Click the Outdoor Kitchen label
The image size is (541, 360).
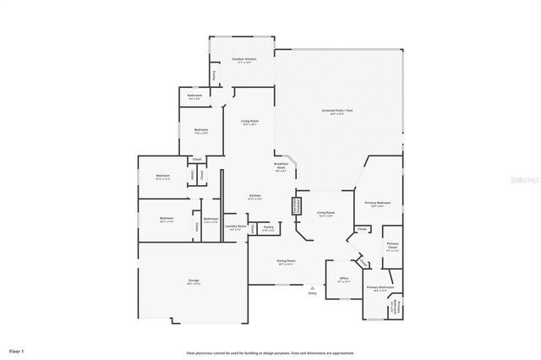244,58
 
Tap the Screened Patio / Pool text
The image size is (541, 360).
337,111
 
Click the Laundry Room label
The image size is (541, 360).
235,226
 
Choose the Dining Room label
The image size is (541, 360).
286,261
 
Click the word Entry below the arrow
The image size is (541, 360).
312,292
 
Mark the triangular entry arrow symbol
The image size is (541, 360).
312,286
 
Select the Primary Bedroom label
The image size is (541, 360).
377,203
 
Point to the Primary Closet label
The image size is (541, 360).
392,245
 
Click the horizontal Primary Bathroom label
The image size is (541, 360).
380,287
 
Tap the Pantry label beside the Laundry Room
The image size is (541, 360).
267,226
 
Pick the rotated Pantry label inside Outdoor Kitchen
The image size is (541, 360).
214,75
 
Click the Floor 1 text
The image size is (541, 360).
17,350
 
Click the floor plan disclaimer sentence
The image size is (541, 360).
270,352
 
